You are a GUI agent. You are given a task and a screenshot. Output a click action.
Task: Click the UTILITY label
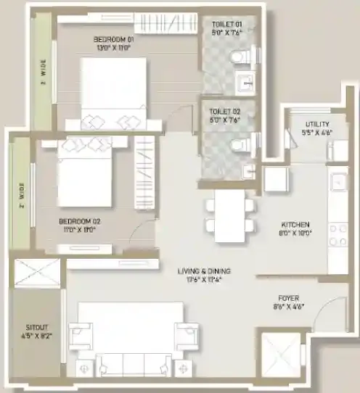click(316, 125)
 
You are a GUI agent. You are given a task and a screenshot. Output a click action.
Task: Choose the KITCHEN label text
click(295, 225)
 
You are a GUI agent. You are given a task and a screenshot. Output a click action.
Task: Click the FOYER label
click(290, 298)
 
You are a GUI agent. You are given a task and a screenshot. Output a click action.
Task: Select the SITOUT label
click(36, 327)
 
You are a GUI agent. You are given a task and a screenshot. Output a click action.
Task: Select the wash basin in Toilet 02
click(247, 171)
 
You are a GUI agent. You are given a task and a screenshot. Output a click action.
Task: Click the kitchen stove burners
click(337, 236)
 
